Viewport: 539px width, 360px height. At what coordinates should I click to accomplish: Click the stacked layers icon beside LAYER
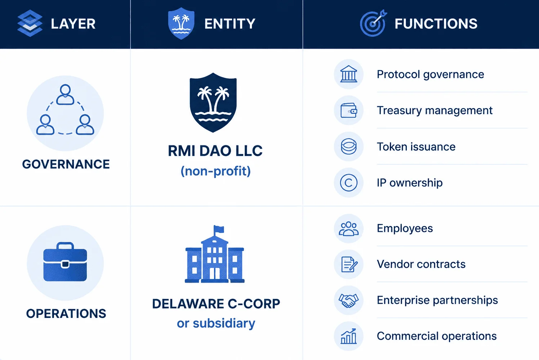[30, 23]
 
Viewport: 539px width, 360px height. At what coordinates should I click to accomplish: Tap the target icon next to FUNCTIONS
[373, 23]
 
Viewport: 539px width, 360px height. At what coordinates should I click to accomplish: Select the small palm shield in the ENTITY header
[181, 23]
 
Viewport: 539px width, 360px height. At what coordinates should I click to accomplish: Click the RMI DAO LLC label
[215, 151]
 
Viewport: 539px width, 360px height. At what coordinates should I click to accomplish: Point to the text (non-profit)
[215, 171]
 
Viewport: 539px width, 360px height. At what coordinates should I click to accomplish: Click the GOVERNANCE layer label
[66, 164]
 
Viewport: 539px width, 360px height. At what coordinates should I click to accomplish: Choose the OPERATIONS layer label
[66, 314]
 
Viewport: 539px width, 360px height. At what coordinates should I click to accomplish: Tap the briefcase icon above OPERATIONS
[65, 262]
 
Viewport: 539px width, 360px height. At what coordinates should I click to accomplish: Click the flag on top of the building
[219, 229]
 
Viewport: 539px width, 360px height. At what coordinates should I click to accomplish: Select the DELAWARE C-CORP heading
[216, 303]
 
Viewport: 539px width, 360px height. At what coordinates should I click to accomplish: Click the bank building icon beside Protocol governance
[349, 74]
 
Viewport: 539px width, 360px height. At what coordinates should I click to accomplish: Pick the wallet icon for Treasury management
[349, 111]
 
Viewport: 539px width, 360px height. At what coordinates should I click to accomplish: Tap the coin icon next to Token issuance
[349, 147]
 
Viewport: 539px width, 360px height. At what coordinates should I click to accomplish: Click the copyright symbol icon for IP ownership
[349, 183]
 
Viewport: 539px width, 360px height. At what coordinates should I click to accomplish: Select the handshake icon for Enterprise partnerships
[349, 300]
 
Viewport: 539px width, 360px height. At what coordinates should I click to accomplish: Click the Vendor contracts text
[421, 264]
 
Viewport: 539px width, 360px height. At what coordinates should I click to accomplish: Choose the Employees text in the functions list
[405, 229]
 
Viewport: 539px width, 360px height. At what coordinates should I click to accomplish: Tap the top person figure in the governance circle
[65, 95]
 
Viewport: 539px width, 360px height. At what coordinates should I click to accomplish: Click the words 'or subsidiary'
[216, 323]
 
